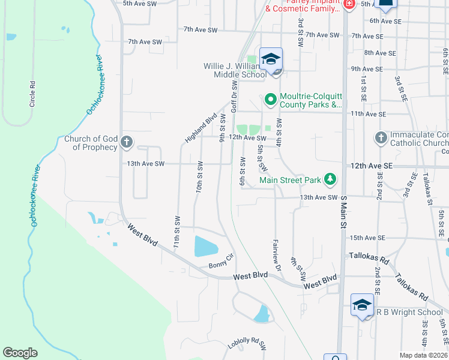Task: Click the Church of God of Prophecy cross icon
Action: (x=126, y=142)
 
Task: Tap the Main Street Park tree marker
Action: (x=330, y=179)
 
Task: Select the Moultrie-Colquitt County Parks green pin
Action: (x=270, y=99)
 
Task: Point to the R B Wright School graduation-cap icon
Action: (x=362, y=305)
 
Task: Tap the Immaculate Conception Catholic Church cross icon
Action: (x=381, y=138)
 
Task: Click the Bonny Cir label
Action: (x=220, y=265)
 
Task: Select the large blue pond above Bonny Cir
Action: (x=206, y=246)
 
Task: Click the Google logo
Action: (x=20, y=353)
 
